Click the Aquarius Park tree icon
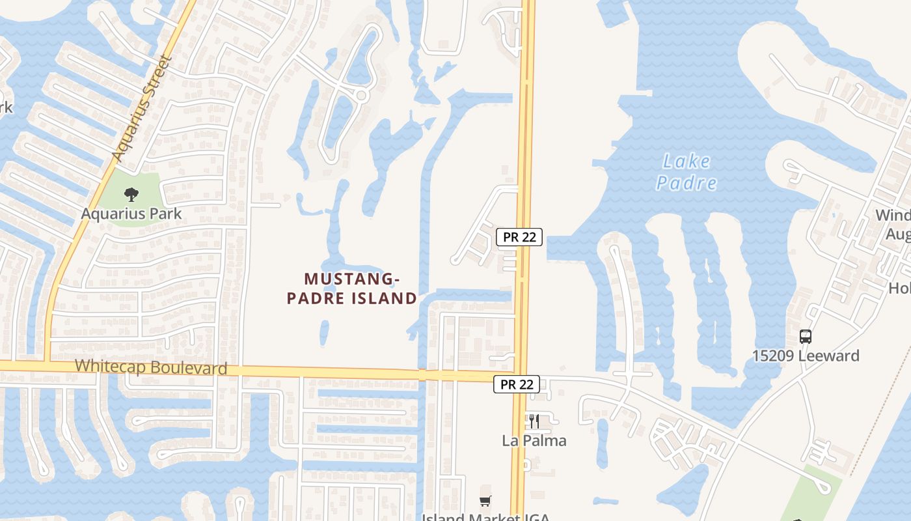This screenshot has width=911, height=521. (x=131, y=193)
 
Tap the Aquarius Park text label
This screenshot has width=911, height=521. (x=131, y=213)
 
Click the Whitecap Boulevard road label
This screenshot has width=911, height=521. (x=151, y=367)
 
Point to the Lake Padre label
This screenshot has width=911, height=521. (x=686, y=172)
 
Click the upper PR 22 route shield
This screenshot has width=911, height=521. (x=519, y=237)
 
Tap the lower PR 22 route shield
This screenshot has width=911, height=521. (x=517, y=384)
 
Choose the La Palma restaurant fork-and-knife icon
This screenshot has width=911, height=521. (x=534, y=421)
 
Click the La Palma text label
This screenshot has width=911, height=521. (x=534, y=441)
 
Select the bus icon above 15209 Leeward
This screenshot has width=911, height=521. (x=806, y=337)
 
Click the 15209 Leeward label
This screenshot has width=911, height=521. (x=806, y=356)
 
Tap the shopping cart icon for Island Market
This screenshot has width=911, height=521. (x=485, y=501)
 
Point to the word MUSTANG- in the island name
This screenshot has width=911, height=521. (x=351, y=279)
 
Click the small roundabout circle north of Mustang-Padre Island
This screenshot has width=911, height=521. (x=362, y=96)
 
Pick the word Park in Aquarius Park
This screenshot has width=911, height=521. (x=167, y=213)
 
